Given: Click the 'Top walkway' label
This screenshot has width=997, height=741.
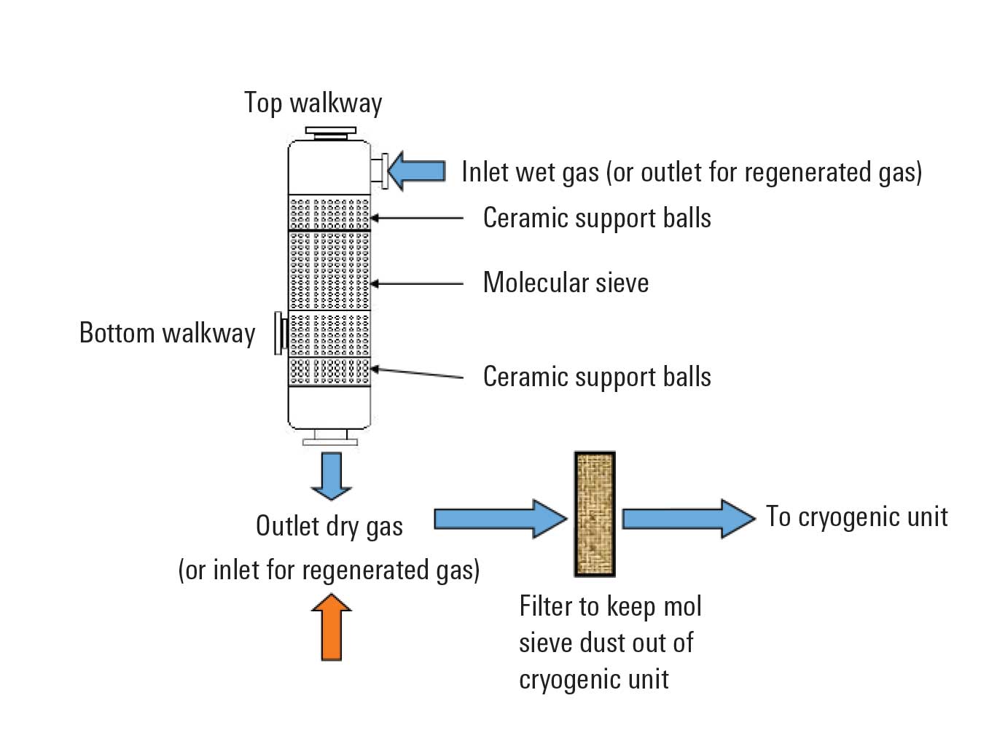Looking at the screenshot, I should click(x=313, y=103).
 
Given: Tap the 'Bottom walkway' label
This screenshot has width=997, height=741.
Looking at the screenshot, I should click(x=167, y=333).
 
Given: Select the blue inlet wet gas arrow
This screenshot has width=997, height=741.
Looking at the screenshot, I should click(x=416, y=171).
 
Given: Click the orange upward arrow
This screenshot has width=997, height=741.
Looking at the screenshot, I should click(x=332, y=627).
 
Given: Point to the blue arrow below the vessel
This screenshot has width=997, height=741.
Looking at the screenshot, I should click(x=332, y=475).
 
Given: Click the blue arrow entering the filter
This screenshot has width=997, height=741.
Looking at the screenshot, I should click(x=500, y=519).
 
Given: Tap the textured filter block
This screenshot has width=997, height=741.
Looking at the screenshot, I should click(x=595, y=514).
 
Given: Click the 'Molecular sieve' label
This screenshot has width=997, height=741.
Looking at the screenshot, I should click(x=566, y=283).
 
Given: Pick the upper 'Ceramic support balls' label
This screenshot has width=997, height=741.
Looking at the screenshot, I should click(x=597, y=218).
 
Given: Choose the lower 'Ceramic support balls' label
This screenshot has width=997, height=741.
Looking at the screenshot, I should click(x=597, y=377).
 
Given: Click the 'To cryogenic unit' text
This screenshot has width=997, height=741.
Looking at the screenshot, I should click(x=856, y=517).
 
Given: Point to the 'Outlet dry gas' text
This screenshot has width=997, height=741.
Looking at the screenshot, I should click(x=329, y=526).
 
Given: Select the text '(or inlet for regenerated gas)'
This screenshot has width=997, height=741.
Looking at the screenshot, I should click(x=329, y=570).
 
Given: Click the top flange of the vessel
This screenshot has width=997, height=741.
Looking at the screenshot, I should click(x=330, y=133).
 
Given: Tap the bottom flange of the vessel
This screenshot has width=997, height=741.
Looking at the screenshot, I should click(x=330, y=438).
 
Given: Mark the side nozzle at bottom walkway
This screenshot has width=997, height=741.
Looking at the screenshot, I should click(x=279, y=333).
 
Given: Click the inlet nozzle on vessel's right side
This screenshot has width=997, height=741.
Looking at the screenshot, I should click(x=378, y=170).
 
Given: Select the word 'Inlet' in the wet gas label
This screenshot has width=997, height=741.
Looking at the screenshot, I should click(x=485, y=172).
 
